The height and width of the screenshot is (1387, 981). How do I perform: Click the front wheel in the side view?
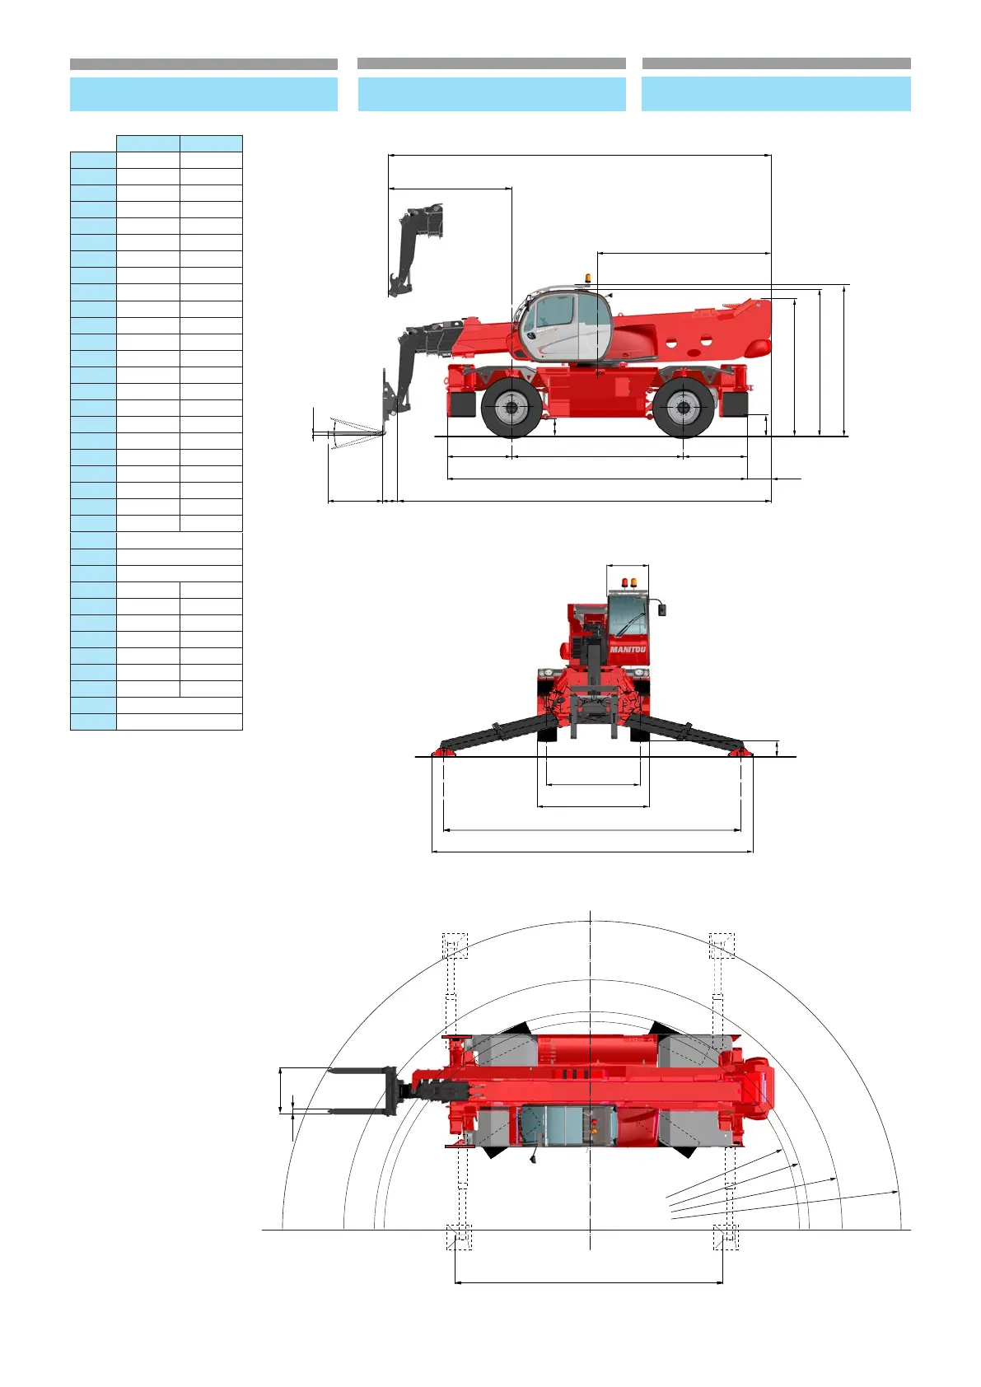pyautogui.click(x=511, y=408)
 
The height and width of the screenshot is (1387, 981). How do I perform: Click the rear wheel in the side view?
pyautogui.click(x=683, y=408)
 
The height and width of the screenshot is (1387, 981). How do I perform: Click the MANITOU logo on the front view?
pyautogui.click(x=628, y=650)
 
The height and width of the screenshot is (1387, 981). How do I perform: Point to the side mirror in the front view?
pyautogui.click(x=661, y=610)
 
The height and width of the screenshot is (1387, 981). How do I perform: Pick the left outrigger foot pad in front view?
pyautogui.click(x=443, y=752)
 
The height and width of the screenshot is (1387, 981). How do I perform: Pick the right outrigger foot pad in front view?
pyautogui.click(x=740, y=752)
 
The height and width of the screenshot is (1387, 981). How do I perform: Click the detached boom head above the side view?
pyautogui.click(x=416, y=249)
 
